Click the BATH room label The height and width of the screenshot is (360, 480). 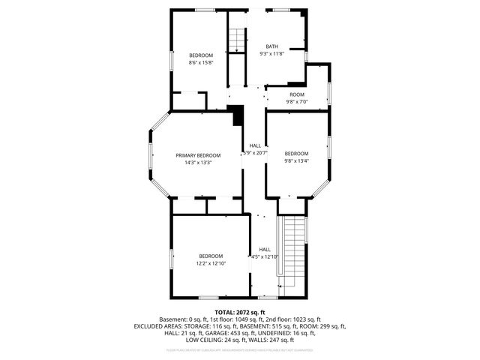[x=271, y=46]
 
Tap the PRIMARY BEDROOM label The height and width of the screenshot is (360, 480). [x=198, y=155]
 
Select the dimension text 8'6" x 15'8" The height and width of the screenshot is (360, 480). [x=200, y=63]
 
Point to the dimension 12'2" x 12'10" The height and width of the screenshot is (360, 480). [x=211, y=263]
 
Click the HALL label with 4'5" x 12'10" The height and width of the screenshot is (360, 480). [x=265, y=257]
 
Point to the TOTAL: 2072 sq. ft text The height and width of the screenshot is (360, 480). [x=239, y=312]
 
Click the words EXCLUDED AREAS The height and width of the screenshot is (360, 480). [x=159, y=326]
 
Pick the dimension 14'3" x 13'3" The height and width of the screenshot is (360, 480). [x=198, y=162]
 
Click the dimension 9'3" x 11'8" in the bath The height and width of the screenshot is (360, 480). [x=271, y=54]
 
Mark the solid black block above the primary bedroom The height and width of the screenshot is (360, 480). [x=238, y=115]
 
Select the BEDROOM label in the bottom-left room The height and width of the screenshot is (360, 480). [x=211, y=256]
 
